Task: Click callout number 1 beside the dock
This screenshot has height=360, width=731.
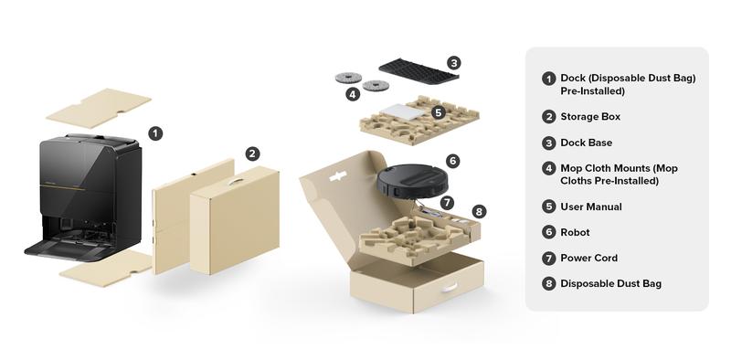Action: coord(155,133)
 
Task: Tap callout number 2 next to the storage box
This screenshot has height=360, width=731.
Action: coord(253,154)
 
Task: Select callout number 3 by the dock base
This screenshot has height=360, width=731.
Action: coord(454,63)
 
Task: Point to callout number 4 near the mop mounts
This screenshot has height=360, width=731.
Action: coord(353,94)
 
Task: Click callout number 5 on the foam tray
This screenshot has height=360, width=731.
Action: coord(438,112)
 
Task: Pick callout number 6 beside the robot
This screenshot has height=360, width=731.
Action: coord(453,161)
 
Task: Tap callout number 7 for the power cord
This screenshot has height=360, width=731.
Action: coord(447,202)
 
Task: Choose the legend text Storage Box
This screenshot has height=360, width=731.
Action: coord(590,117)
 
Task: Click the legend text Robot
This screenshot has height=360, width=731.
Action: coord(576,232)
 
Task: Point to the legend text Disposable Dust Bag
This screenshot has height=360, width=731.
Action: coord(610,284)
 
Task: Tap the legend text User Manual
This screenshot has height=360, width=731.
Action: coord(591,206)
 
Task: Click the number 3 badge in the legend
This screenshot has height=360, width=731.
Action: coord(548,143)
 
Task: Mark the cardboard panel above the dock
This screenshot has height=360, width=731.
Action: coord(99,107)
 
